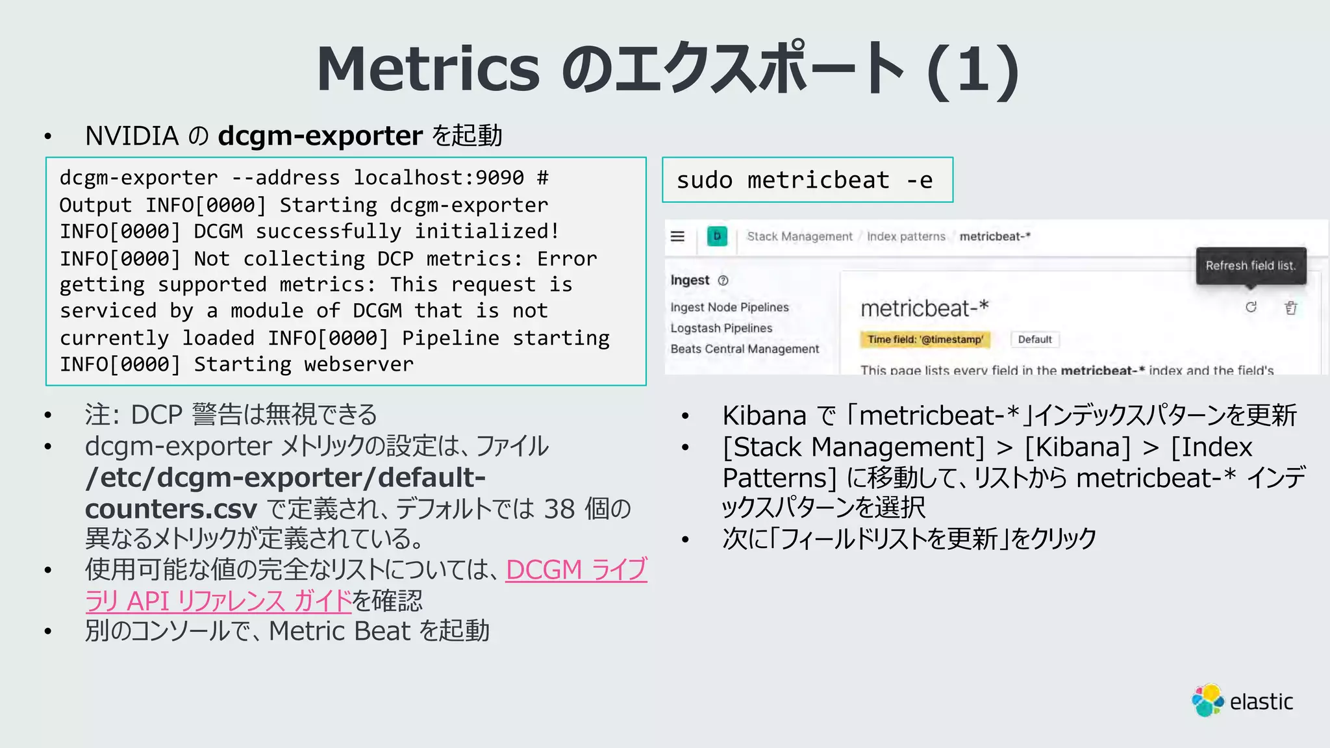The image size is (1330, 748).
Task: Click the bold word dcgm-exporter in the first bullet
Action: (x=320, y=136)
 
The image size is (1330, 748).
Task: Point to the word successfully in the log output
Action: (x=328, y=231)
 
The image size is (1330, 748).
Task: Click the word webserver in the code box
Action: (x=358, y=364)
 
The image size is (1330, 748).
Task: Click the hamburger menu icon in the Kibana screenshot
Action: (x=677, y=236)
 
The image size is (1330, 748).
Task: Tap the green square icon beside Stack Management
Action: (x=717, y=236)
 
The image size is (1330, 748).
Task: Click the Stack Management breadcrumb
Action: (x=799, y=236)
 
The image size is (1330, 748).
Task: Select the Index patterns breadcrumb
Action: (x=906, y=236)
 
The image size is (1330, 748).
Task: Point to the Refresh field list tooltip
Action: (x=1251, y=266)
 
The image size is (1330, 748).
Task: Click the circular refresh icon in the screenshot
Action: (x=1251, y=307)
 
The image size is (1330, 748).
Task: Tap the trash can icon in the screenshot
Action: (x=1291, y=308)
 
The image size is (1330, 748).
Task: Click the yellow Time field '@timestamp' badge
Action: (x=925, y=340)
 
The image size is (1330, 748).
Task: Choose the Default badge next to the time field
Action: (x=1035, y=340)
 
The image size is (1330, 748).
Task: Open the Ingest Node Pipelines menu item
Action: (x=729, y=307)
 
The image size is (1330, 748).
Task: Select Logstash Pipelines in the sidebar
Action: (x=721, y=328)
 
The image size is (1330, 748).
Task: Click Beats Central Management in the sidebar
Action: (x=745, y=349)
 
